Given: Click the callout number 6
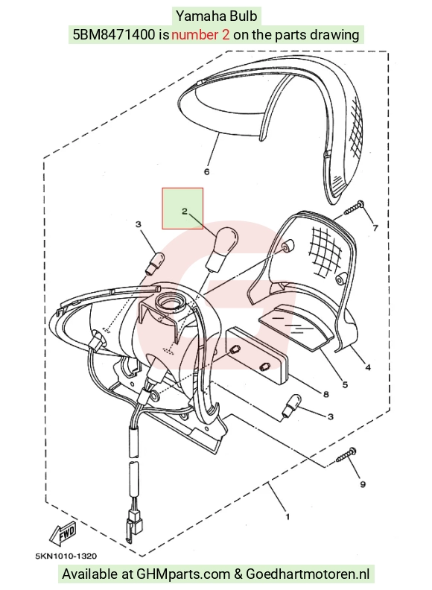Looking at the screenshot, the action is tap(206, 172).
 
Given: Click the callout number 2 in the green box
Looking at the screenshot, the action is tap(185, 211).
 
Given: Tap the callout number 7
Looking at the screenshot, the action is tap(375, 228).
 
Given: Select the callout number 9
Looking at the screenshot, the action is tap(363, 484).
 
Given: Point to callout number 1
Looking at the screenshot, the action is tap(288, 517).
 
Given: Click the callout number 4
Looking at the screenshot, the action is tap(368, 367).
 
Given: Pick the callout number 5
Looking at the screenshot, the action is tap(345, 384).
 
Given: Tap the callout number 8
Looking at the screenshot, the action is tap(326, 394).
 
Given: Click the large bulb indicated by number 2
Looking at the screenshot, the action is tap(223, 247).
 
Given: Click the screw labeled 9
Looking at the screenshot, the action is tap(346, 454).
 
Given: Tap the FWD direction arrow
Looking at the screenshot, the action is tap(63, 533).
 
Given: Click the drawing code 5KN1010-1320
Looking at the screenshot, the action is tap(66, 556).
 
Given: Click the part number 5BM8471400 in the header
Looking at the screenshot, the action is tap(114, 35).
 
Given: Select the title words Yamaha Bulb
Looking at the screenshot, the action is tap(217, 16).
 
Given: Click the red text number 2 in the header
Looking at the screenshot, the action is tap(200, 35).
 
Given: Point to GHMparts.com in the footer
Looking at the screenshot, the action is tap(183, 574).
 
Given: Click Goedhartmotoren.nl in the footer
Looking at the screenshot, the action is tap(308, 574).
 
